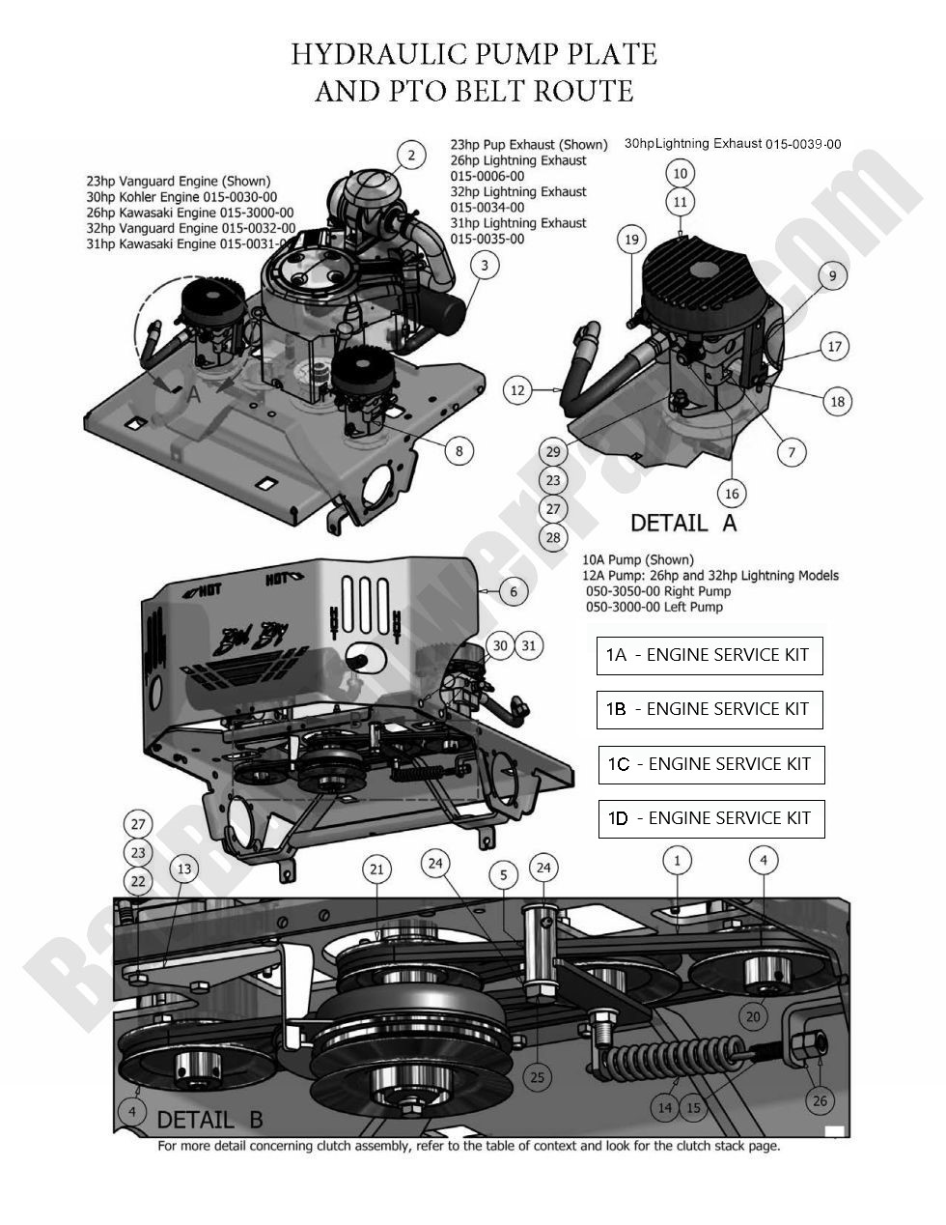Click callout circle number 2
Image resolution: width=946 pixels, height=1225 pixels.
411,156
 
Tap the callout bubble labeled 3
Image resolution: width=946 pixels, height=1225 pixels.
486,266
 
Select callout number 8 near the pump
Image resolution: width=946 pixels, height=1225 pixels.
459,450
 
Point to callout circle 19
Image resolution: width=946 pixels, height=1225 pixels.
632,240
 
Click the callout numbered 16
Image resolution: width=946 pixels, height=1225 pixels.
731,494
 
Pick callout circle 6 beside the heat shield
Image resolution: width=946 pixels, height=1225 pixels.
514,592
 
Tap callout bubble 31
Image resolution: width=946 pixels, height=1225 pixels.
528,646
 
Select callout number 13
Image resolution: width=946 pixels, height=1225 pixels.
183,869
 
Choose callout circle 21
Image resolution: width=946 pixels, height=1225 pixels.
376,869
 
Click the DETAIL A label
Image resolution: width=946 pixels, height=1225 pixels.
682,523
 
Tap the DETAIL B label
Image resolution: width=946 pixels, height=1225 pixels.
209,1120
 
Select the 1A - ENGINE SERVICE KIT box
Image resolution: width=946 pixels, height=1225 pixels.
709,655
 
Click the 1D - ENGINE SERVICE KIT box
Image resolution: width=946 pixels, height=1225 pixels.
711,818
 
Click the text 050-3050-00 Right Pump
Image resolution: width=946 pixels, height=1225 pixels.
658,591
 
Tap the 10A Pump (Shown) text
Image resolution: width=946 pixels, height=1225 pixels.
638,560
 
